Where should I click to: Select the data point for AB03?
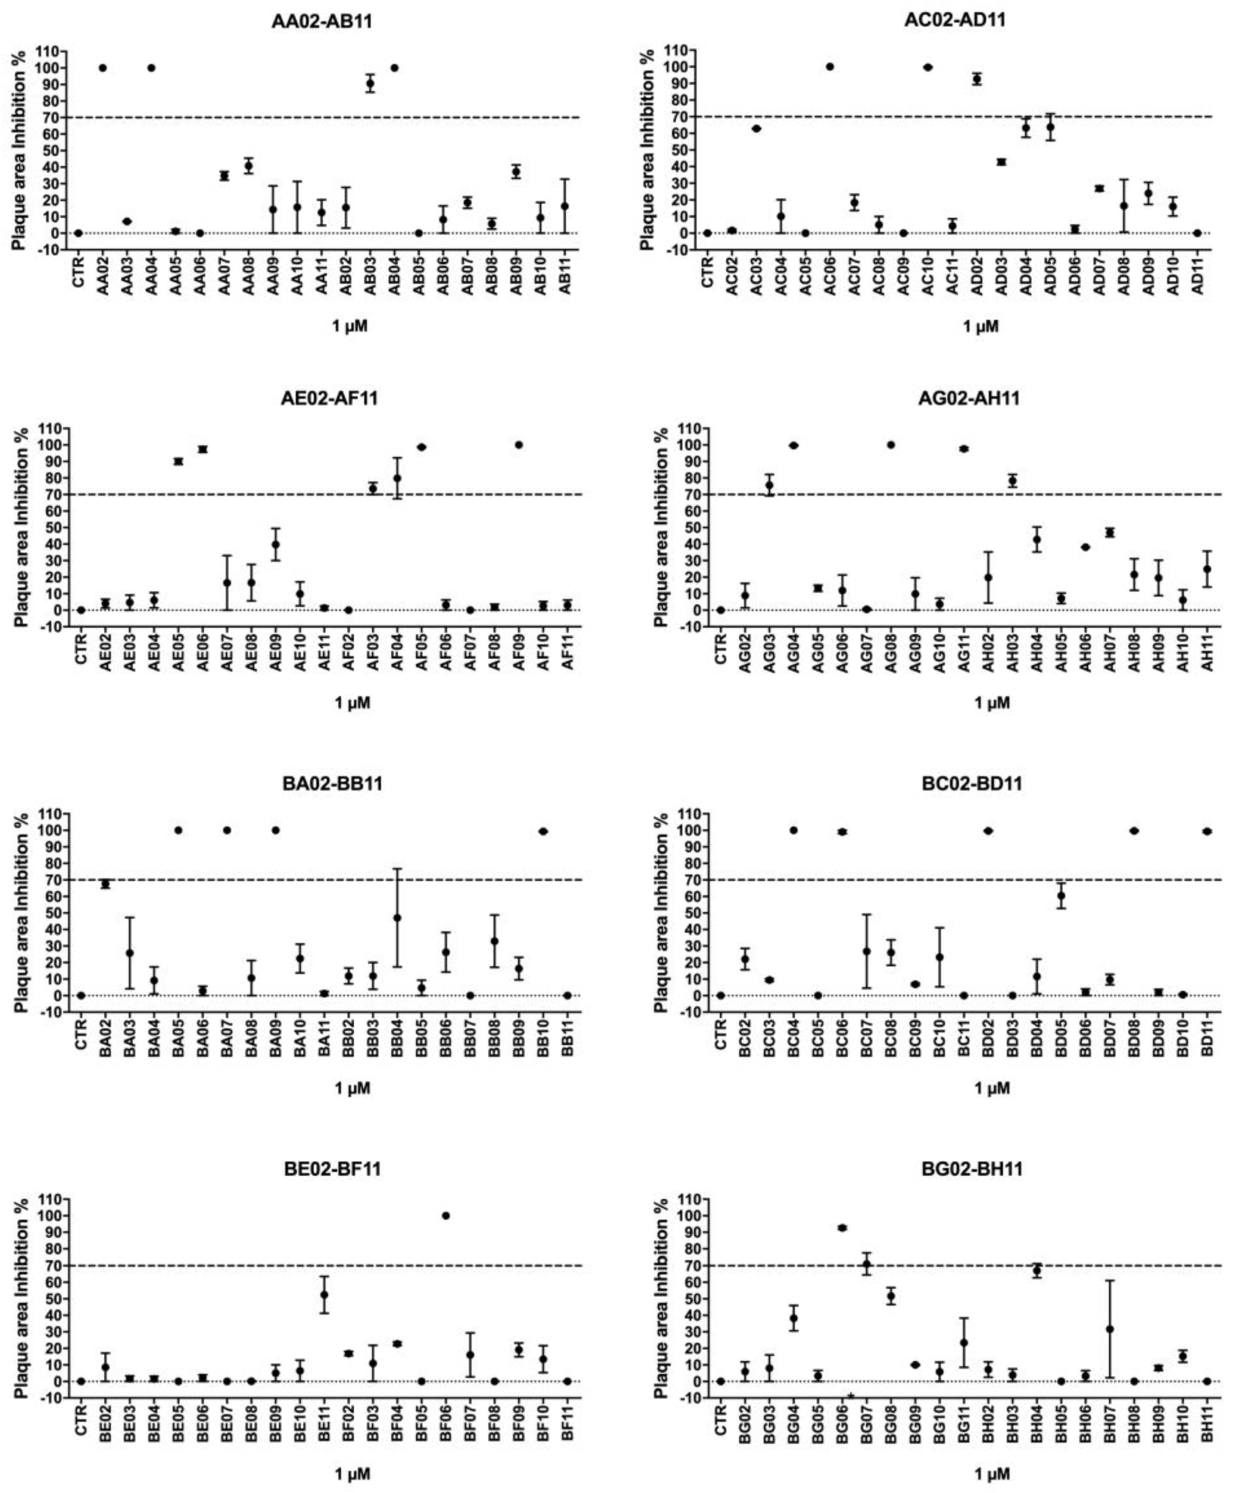tap(370, 83)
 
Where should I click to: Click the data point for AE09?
tap(275, 545)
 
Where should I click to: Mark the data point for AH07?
tap(1109, 533)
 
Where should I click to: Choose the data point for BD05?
tap(1060, 896)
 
